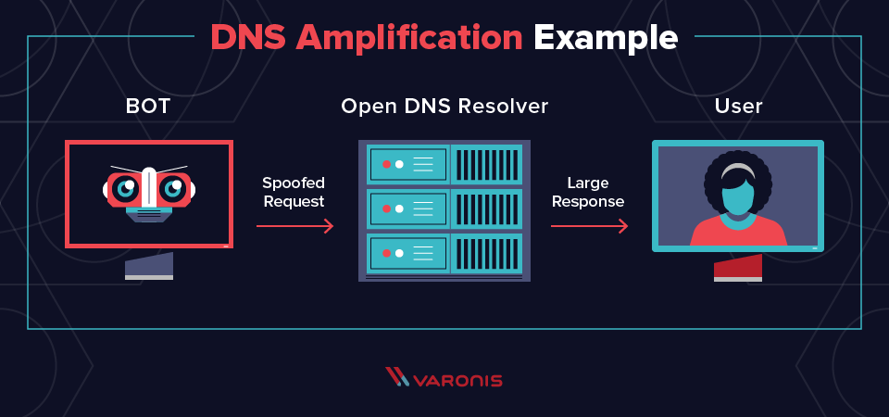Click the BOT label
click(148, 107)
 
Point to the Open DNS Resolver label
click(444, 107)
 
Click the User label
click(738, 107)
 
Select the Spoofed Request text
click(294, 192)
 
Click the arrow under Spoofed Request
click(294, 225)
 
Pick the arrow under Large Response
click(589, 225)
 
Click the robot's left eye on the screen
click(125, 189)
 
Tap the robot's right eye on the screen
click(173, 189)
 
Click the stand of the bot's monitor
click(149, 267)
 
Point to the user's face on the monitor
click(738, 196)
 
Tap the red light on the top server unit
click(387, 164)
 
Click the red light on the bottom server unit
click(387, 253)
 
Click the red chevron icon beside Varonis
click(396, 377)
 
